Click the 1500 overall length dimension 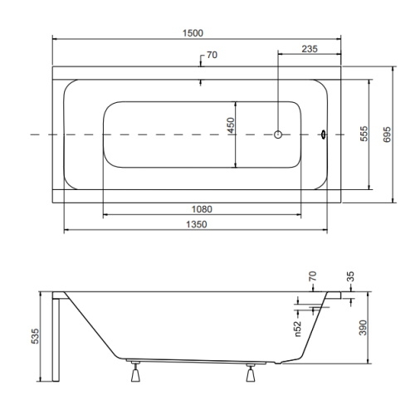click(x=193, y=33)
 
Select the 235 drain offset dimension click(x=310, y=49)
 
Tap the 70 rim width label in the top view click(x=212, y=55)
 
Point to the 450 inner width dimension click(x=231, y=125)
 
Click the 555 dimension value click(x=364, y=134)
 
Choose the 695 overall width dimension click(x=387, y=134)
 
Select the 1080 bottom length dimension click(x=202, y=209)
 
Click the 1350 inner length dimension click(x=197, y=224)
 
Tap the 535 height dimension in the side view click(x=35, y=336)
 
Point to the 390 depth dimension click(x=363, y=328)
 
